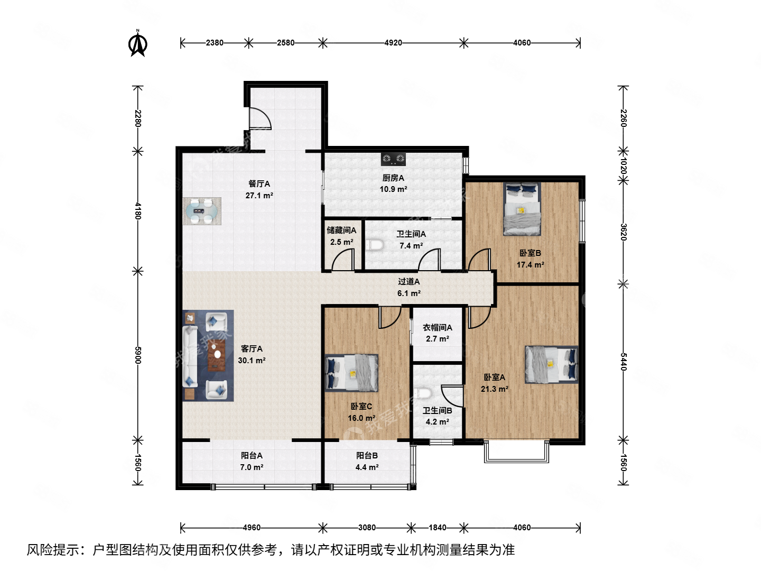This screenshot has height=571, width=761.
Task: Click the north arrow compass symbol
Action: [138, 44]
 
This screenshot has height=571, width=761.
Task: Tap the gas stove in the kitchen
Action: [394, 158]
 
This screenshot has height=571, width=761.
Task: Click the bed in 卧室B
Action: [522, 209]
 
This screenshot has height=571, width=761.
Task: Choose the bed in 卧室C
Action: [351, 373]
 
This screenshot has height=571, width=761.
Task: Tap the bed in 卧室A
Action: [551, 364]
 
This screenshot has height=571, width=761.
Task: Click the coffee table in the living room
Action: [216, 355]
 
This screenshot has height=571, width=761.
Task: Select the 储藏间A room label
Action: [341, 231]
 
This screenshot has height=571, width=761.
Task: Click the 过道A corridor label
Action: [409, 282]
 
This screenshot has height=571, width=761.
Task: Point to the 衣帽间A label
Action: [437, 328]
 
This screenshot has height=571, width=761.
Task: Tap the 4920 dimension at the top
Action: [393, 43]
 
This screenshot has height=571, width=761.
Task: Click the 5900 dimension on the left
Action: [138, 355]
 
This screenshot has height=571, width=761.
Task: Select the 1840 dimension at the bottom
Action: [437, 528]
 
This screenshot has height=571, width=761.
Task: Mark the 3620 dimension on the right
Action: [624, 232]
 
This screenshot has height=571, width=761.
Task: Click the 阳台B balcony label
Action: [367, 456]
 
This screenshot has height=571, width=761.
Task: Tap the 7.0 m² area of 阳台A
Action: [252, 467]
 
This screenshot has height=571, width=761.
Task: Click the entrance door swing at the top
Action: [259, 119]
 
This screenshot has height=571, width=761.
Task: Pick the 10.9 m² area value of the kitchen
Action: [393, 189]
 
